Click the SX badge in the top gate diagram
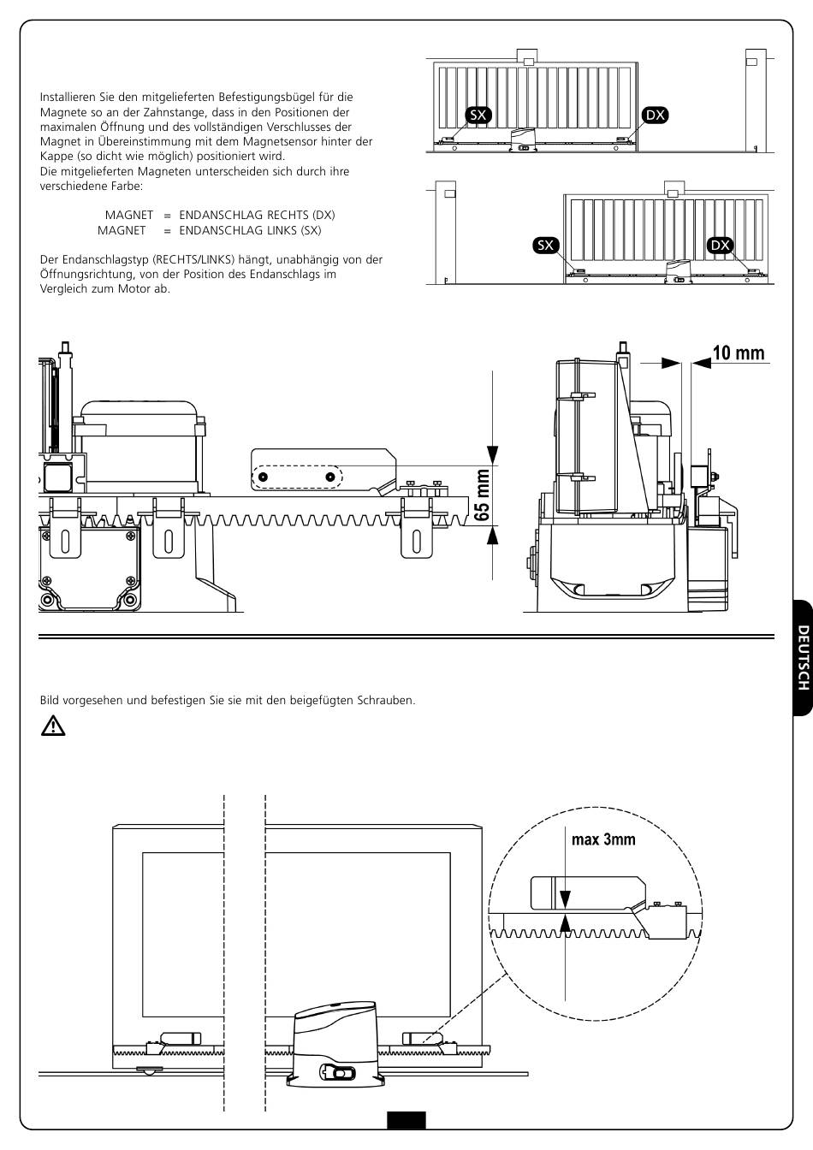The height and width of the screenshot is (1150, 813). (478, 116)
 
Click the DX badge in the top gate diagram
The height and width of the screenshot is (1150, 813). (655, 116)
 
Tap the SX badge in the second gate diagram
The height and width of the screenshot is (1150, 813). (545, 246)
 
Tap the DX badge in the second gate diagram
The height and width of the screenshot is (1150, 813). (721, 246)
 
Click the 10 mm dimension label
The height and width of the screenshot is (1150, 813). (739, 353)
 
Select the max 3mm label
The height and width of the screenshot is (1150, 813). (603, 839)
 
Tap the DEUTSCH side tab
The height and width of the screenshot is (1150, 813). (803, 657)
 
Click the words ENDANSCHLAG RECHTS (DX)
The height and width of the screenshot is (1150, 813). (257, 215)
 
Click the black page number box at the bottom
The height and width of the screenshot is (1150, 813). (406, 1120)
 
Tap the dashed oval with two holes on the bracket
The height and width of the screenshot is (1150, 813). (296, 476)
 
